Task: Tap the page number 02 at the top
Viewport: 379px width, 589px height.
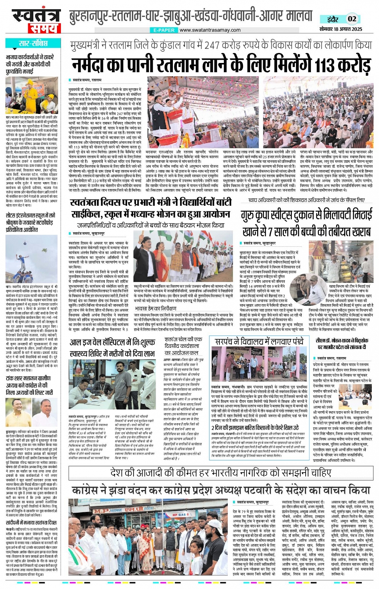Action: pyautogui.click(x=352, y=19)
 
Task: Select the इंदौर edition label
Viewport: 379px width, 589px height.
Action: pyautogui.click(x=332, y=19)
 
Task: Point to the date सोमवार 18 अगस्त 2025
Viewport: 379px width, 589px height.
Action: pyautogui.click(x=340, y=29)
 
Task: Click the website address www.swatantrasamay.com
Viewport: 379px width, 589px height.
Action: pyautogui.click(x=210, y=30)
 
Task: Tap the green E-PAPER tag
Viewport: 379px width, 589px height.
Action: pyautogui.click(x=164, y=30)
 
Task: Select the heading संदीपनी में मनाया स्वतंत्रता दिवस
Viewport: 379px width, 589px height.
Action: pyautogui.click(x=31, y=523)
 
